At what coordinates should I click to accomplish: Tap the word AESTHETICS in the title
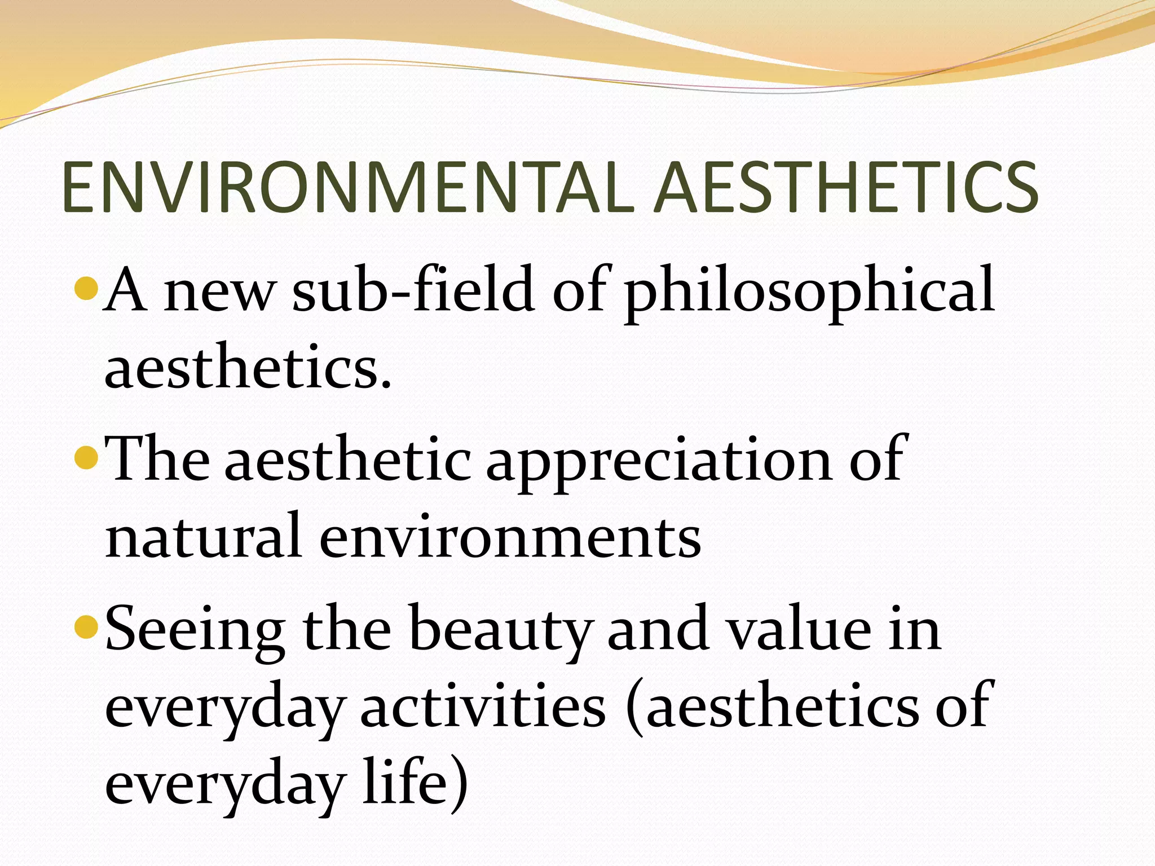[x=846, y=187]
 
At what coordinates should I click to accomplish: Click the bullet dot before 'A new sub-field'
[x=87, y=289]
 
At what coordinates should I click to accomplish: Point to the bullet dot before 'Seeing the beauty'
[x=87, y=627]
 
